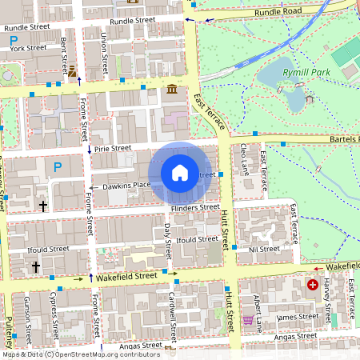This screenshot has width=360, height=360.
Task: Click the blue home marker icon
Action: (x=180, y=173)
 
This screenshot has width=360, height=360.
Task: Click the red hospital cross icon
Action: (x=313, y=284)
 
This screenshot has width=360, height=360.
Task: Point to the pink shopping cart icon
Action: (x=248, y=320)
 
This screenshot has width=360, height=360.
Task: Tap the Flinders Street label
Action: (x=194, y=207)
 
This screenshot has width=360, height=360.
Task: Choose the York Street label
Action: (x=28, y=48)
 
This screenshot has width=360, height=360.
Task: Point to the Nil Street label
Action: (x=263, y=249)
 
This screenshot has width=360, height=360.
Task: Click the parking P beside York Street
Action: (x=14, y=39)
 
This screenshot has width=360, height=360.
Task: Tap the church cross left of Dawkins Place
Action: (x=42, y=206)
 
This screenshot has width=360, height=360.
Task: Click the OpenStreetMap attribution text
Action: (x=80, y=354)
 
